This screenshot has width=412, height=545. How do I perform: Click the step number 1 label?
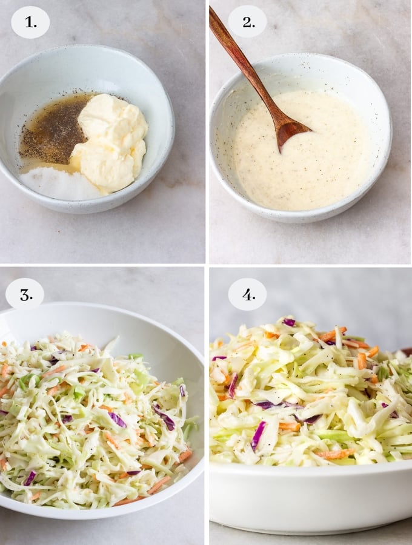pyautogui.click(x=30, y=22)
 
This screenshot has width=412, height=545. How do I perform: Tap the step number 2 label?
pyautogui.click(x=247, y=22)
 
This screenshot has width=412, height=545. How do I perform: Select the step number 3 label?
pyautogui.click(x=25, y=295)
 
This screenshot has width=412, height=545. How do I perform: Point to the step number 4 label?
pyautogui.click(x=247, y=295)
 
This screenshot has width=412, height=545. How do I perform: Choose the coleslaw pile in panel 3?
pyautogui.click(x=91, y=418)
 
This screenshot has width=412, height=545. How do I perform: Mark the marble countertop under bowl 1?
pyautogui.click(x=91, y=239)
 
